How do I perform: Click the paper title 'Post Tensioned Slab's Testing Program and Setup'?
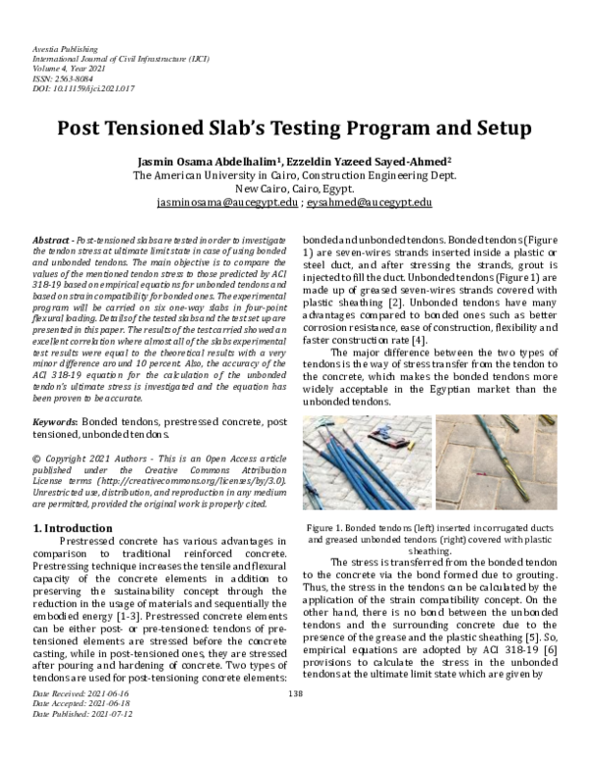294,129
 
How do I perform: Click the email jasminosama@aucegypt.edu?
227,202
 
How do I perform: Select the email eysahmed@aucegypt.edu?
370,202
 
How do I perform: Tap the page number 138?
294,723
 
